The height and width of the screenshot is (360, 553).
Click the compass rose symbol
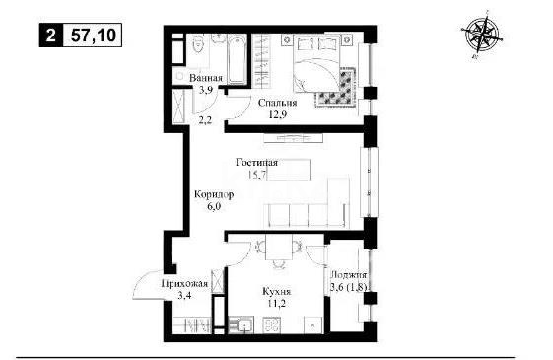pos(482,36)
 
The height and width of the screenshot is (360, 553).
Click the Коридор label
pos(214,196)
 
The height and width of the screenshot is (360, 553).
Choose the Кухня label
pos(277,293)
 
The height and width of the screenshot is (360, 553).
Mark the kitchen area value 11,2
pos(277,306)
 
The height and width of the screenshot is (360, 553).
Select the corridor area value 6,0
pos(214,208)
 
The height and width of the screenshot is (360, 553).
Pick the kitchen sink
pos(242,324)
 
